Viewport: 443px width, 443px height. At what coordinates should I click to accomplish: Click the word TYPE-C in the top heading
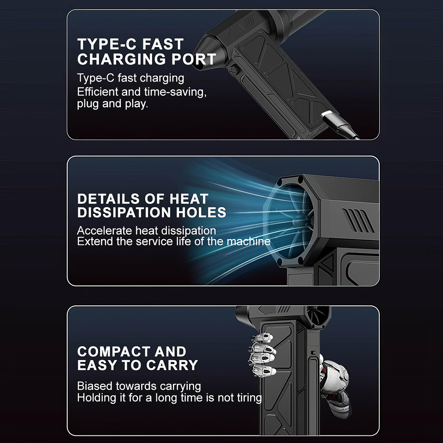click(x=107, y=44)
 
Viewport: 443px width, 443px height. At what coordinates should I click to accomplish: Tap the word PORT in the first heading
click(x=194, y=59)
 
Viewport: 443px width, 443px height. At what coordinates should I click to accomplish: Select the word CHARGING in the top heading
click(x=121, y=59)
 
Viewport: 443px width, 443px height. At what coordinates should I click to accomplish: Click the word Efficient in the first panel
click(x=97, y=92)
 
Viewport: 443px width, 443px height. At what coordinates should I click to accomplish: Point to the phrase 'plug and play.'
click(x=113, y=104)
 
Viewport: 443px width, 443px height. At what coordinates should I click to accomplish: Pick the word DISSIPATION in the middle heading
click(x=124, y=213)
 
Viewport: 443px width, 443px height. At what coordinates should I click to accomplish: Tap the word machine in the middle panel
click(x=249, y=241)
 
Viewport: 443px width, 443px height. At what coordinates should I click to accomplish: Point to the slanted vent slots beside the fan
click(x=358, y=220)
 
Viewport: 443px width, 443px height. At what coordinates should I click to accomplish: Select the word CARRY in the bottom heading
click(x=172, y=365)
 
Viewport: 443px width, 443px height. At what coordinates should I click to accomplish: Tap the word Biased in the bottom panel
click(x=95, y=386)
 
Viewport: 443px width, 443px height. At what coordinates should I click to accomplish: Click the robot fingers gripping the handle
click(x=262, y=354)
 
